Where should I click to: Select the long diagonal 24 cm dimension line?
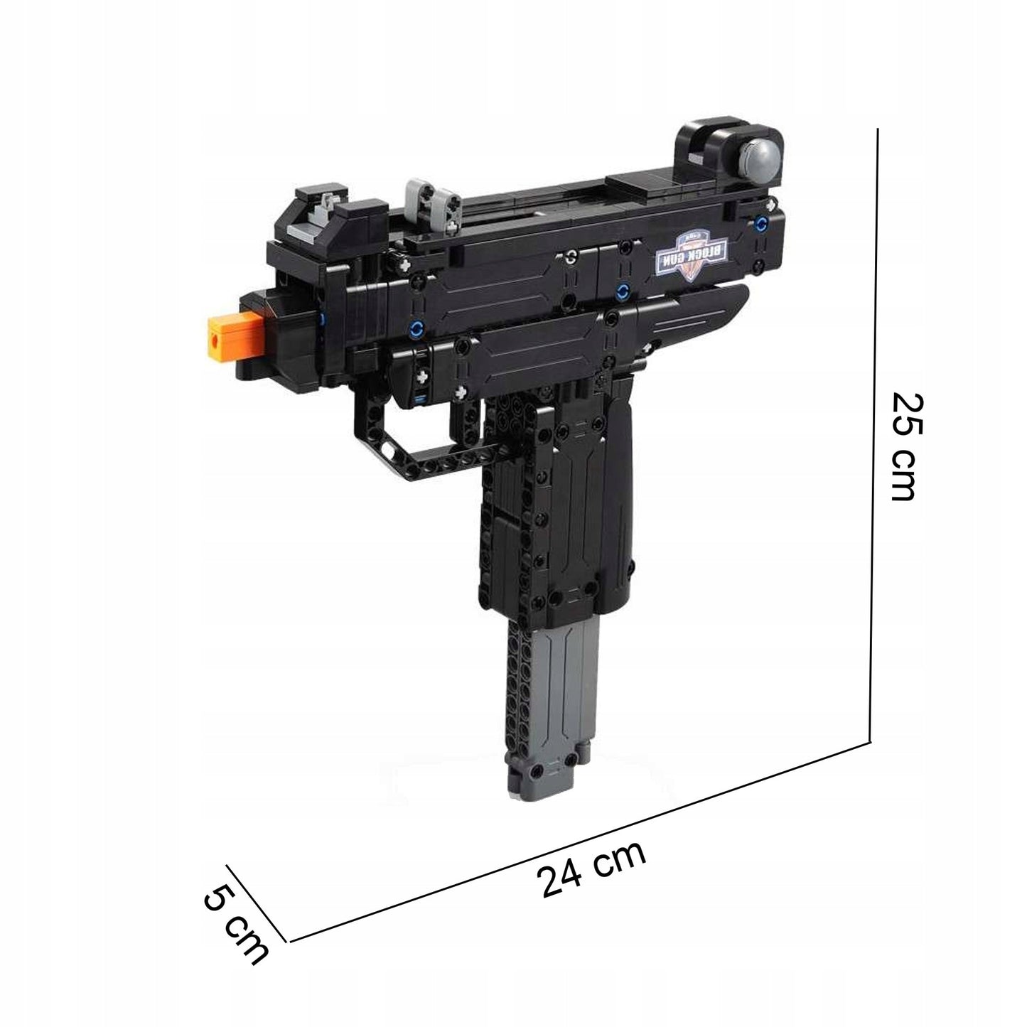point(579,839)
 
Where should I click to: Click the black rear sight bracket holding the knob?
point(711,146)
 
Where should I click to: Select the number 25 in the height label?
point(907,413)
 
